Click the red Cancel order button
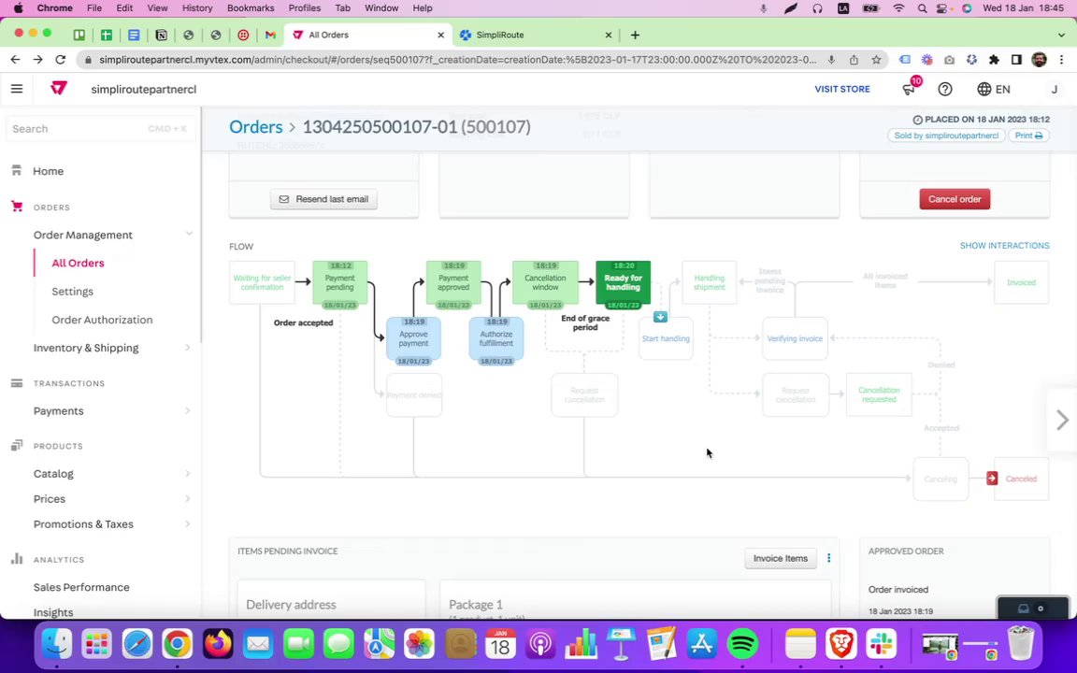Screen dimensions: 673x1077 955,199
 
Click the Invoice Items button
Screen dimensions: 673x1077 780,558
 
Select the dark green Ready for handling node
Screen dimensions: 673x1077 623,282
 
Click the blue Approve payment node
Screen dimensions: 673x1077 413,338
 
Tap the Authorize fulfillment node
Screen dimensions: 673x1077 495,338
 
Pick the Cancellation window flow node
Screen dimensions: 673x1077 545,282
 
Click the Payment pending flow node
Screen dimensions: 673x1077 339,282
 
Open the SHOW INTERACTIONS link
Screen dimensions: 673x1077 1004,245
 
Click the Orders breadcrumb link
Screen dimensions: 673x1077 255,127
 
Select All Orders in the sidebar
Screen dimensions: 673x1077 78,263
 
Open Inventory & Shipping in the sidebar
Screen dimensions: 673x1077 86,348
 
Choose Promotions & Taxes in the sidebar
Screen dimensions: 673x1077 83,523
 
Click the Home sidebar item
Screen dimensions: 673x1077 49,171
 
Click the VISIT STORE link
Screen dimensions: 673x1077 841,89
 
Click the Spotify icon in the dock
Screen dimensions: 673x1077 742,644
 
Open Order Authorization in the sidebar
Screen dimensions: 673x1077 102,320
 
